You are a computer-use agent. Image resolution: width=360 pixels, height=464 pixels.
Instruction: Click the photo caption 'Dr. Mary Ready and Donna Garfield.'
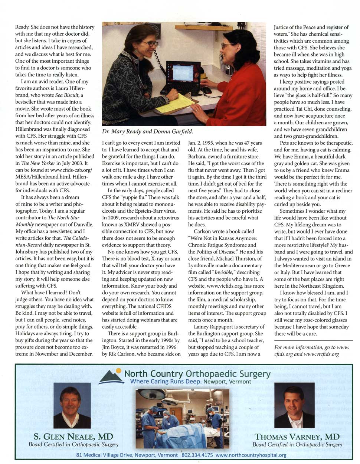pyautogui.click(x=147, y=131)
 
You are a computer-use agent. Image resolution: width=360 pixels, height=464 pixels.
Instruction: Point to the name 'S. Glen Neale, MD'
pyautogui.click(x=73, y=437)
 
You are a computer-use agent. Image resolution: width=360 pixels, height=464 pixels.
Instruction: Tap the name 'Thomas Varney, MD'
pyautogui.click(x=297, y=437)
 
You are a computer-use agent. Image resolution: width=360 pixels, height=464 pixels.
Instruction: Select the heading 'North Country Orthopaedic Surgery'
pyautogui.click(x=197, y=374)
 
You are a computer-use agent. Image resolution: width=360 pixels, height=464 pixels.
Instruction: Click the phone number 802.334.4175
pyautogui.click(x=197, y=455)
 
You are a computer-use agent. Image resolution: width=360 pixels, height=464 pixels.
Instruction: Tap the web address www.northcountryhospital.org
pyautogui.click(x=251, y=455)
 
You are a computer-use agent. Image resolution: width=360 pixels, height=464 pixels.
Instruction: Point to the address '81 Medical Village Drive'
pyautogui.click(x=104, y=455)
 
